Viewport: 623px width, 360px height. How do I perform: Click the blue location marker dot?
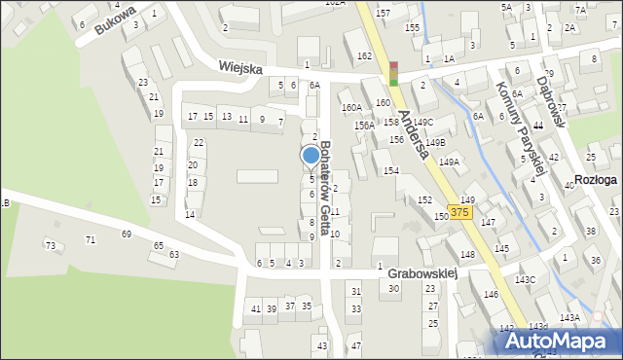click(311, 155)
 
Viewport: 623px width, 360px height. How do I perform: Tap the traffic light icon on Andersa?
click(393, 74)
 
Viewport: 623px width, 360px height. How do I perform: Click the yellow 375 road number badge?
click(460, 212)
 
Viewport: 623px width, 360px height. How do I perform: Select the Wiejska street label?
click(241, 68)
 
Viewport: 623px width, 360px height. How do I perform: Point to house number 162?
click(364, 56)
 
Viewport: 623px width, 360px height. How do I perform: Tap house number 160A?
click(351, 108)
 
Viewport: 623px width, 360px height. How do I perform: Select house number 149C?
click(422, 122)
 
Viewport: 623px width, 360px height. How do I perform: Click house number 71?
click(91, 239)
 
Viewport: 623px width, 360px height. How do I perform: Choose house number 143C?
click(525, 280)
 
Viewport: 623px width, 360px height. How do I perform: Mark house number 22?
click(199, 143)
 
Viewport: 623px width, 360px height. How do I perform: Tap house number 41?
click(256, 308)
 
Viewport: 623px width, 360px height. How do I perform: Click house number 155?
click(413, 28)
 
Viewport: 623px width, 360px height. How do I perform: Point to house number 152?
click(424, 199)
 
